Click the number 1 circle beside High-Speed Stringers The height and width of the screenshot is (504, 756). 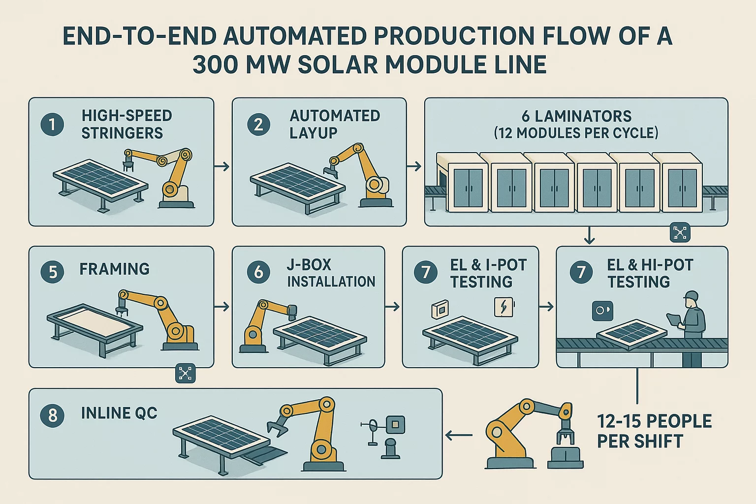tap(52, 124)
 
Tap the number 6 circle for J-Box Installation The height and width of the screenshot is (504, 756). tap(258, 272)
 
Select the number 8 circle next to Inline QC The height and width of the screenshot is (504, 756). tap(52, 415)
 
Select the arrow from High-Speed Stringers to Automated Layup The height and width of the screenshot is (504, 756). tap(222, 166)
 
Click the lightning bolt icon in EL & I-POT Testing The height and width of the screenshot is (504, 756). tap(503, 307)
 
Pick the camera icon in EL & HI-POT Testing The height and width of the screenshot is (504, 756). tap(602, 311)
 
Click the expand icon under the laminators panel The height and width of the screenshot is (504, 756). tap(680, 233)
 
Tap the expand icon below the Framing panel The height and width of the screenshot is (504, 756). tap(185, 374)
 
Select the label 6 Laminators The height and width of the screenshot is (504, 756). tap(576, 116)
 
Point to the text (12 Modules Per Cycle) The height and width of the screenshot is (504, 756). tap(576, 133)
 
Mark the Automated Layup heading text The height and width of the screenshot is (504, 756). tap(335, 124)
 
